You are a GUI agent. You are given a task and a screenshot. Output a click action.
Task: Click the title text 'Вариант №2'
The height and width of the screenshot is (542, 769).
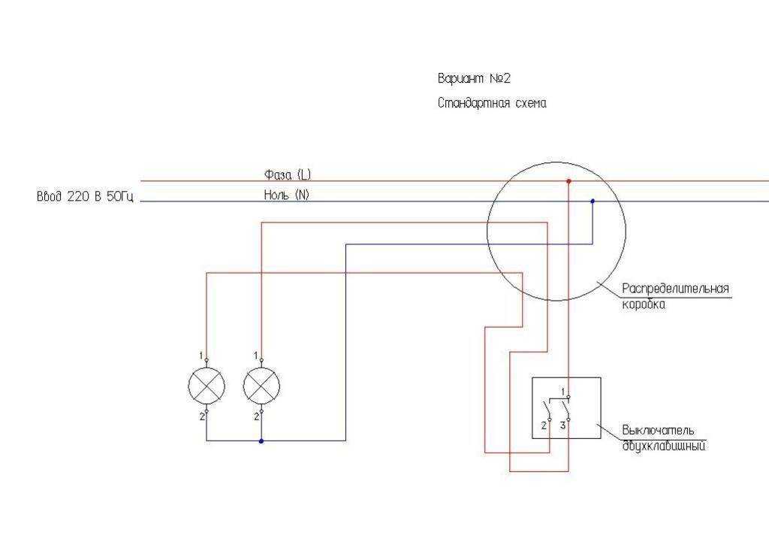pos(474,78)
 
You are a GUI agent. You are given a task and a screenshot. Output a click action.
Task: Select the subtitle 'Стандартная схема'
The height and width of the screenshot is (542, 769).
pos(492,104)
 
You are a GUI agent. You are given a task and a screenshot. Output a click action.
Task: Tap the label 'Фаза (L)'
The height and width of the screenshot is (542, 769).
pos(287,174)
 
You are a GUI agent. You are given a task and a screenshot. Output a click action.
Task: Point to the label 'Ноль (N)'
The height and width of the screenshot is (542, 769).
pos(286,195)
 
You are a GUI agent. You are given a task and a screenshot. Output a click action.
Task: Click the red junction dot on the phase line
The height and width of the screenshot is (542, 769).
pos(568,181)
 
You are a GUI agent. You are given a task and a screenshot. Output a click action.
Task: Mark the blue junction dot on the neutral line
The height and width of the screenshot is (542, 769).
pos(593,201)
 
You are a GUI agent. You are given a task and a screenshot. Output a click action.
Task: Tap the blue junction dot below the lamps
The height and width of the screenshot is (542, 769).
pos(261,441)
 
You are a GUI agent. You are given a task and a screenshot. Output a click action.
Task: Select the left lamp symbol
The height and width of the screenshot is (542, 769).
pos(207,386)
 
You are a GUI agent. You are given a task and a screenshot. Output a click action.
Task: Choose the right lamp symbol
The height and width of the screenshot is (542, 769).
pos(261,386)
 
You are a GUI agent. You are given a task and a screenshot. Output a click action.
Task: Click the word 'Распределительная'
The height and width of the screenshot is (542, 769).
pos(676,289)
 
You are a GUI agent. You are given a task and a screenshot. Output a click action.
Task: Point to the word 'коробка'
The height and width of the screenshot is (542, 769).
pos(644,304)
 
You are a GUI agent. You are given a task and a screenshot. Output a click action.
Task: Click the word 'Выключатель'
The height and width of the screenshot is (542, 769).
pos(658,431)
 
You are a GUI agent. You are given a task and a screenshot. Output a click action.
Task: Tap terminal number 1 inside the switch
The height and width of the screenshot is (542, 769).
pos(562,392)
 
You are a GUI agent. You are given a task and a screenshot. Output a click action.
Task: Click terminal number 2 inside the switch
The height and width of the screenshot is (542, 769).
pos(544,425)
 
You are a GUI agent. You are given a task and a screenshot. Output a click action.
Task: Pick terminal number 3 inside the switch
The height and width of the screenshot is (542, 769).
pos(562,425)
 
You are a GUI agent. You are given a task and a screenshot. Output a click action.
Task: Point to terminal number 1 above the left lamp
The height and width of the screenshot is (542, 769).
pos(201,355)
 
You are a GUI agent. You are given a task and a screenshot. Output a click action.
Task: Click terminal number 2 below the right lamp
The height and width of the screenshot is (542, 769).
pos(256,416)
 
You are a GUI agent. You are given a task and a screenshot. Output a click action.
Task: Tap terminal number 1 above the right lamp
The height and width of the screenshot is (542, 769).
pos(256,355)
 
